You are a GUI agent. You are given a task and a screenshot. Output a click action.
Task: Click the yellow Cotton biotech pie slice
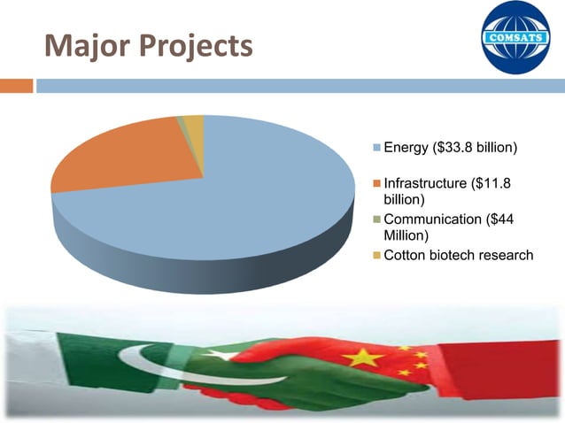pos(194,123)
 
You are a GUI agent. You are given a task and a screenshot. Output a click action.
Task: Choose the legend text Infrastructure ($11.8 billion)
pos(447,191)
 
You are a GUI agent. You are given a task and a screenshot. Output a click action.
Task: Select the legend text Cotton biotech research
pos(458,256)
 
